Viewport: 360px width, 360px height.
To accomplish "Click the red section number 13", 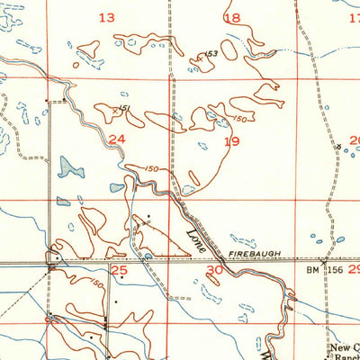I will tap(107, 17).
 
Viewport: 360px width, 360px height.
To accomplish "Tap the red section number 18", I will tap(232, 18).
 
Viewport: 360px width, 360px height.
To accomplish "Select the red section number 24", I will tap(116, 139).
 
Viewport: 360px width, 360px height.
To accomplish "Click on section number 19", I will tap(232, 141).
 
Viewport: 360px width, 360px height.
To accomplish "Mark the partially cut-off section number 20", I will tap(355, 139).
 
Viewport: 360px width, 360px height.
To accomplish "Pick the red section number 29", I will tap(353, 269).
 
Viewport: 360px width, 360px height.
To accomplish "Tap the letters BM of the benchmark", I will tap(311, 269).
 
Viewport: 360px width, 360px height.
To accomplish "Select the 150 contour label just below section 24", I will tap(151, 168).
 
